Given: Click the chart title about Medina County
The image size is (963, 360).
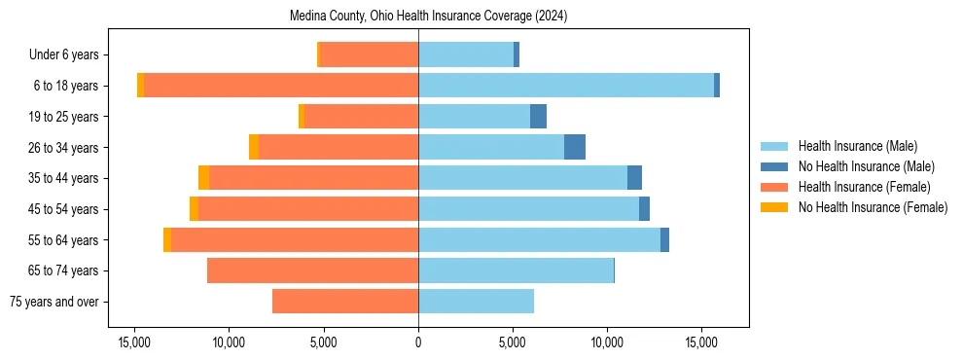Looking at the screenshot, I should point(429,17).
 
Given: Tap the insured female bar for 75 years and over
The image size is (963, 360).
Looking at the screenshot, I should point(345,302).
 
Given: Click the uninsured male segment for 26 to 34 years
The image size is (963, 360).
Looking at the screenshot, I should point(575,147).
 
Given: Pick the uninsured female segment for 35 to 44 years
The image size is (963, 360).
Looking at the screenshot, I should point(203,178).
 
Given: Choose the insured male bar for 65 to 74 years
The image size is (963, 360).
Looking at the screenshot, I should point(516,270).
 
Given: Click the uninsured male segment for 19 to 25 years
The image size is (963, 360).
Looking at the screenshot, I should point(538,117).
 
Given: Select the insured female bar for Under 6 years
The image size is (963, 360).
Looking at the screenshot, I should point(369,54).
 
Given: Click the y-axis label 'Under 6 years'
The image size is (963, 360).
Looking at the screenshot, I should point(69,55).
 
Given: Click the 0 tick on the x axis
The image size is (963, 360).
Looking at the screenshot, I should point(418,342).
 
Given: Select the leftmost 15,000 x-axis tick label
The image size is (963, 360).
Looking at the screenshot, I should point(134,342).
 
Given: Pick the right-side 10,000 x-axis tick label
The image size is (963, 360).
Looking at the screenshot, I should point(607,342).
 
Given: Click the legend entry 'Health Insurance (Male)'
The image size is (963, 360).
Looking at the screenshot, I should point(857,146).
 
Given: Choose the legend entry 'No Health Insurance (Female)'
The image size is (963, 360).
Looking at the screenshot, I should point(873,207).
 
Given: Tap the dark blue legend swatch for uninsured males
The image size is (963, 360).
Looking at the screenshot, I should point(774,166).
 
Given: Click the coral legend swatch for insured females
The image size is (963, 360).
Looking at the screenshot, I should point(774,187).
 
